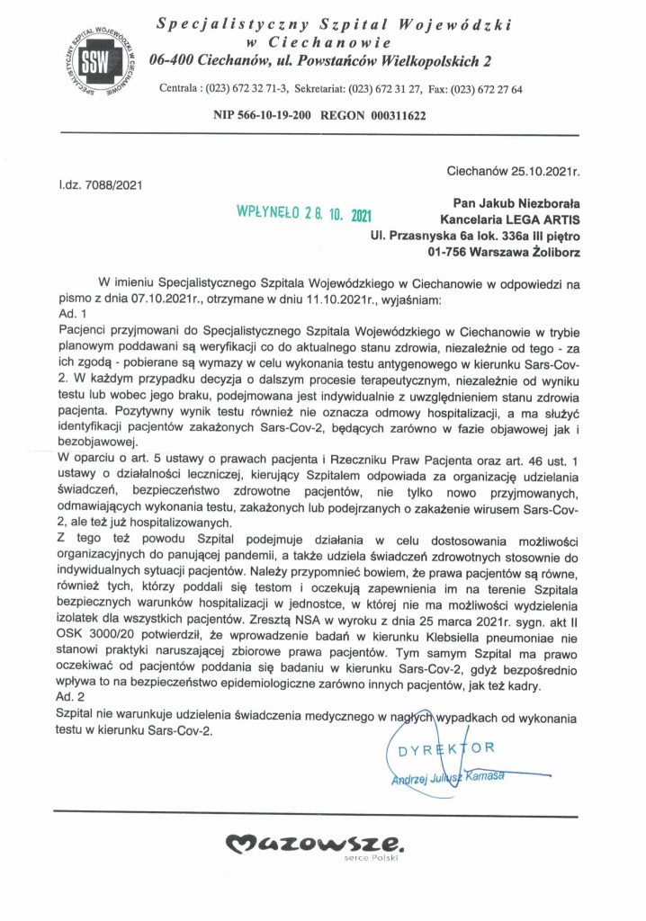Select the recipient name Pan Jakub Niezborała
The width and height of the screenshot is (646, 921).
tap(517, 204)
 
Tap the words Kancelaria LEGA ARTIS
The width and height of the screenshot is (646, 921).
tap(510, 220)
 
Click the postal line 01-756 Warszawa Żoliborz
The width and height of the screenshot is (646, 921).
tap(517, 253)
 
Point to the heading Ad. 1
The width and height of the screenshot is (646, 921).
tap(70, 315)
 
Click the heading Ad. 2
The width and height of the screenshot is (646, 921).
tap(70, 697)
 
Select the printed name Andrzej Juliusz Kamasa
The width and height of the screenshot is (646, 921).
tap(447, 778)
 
